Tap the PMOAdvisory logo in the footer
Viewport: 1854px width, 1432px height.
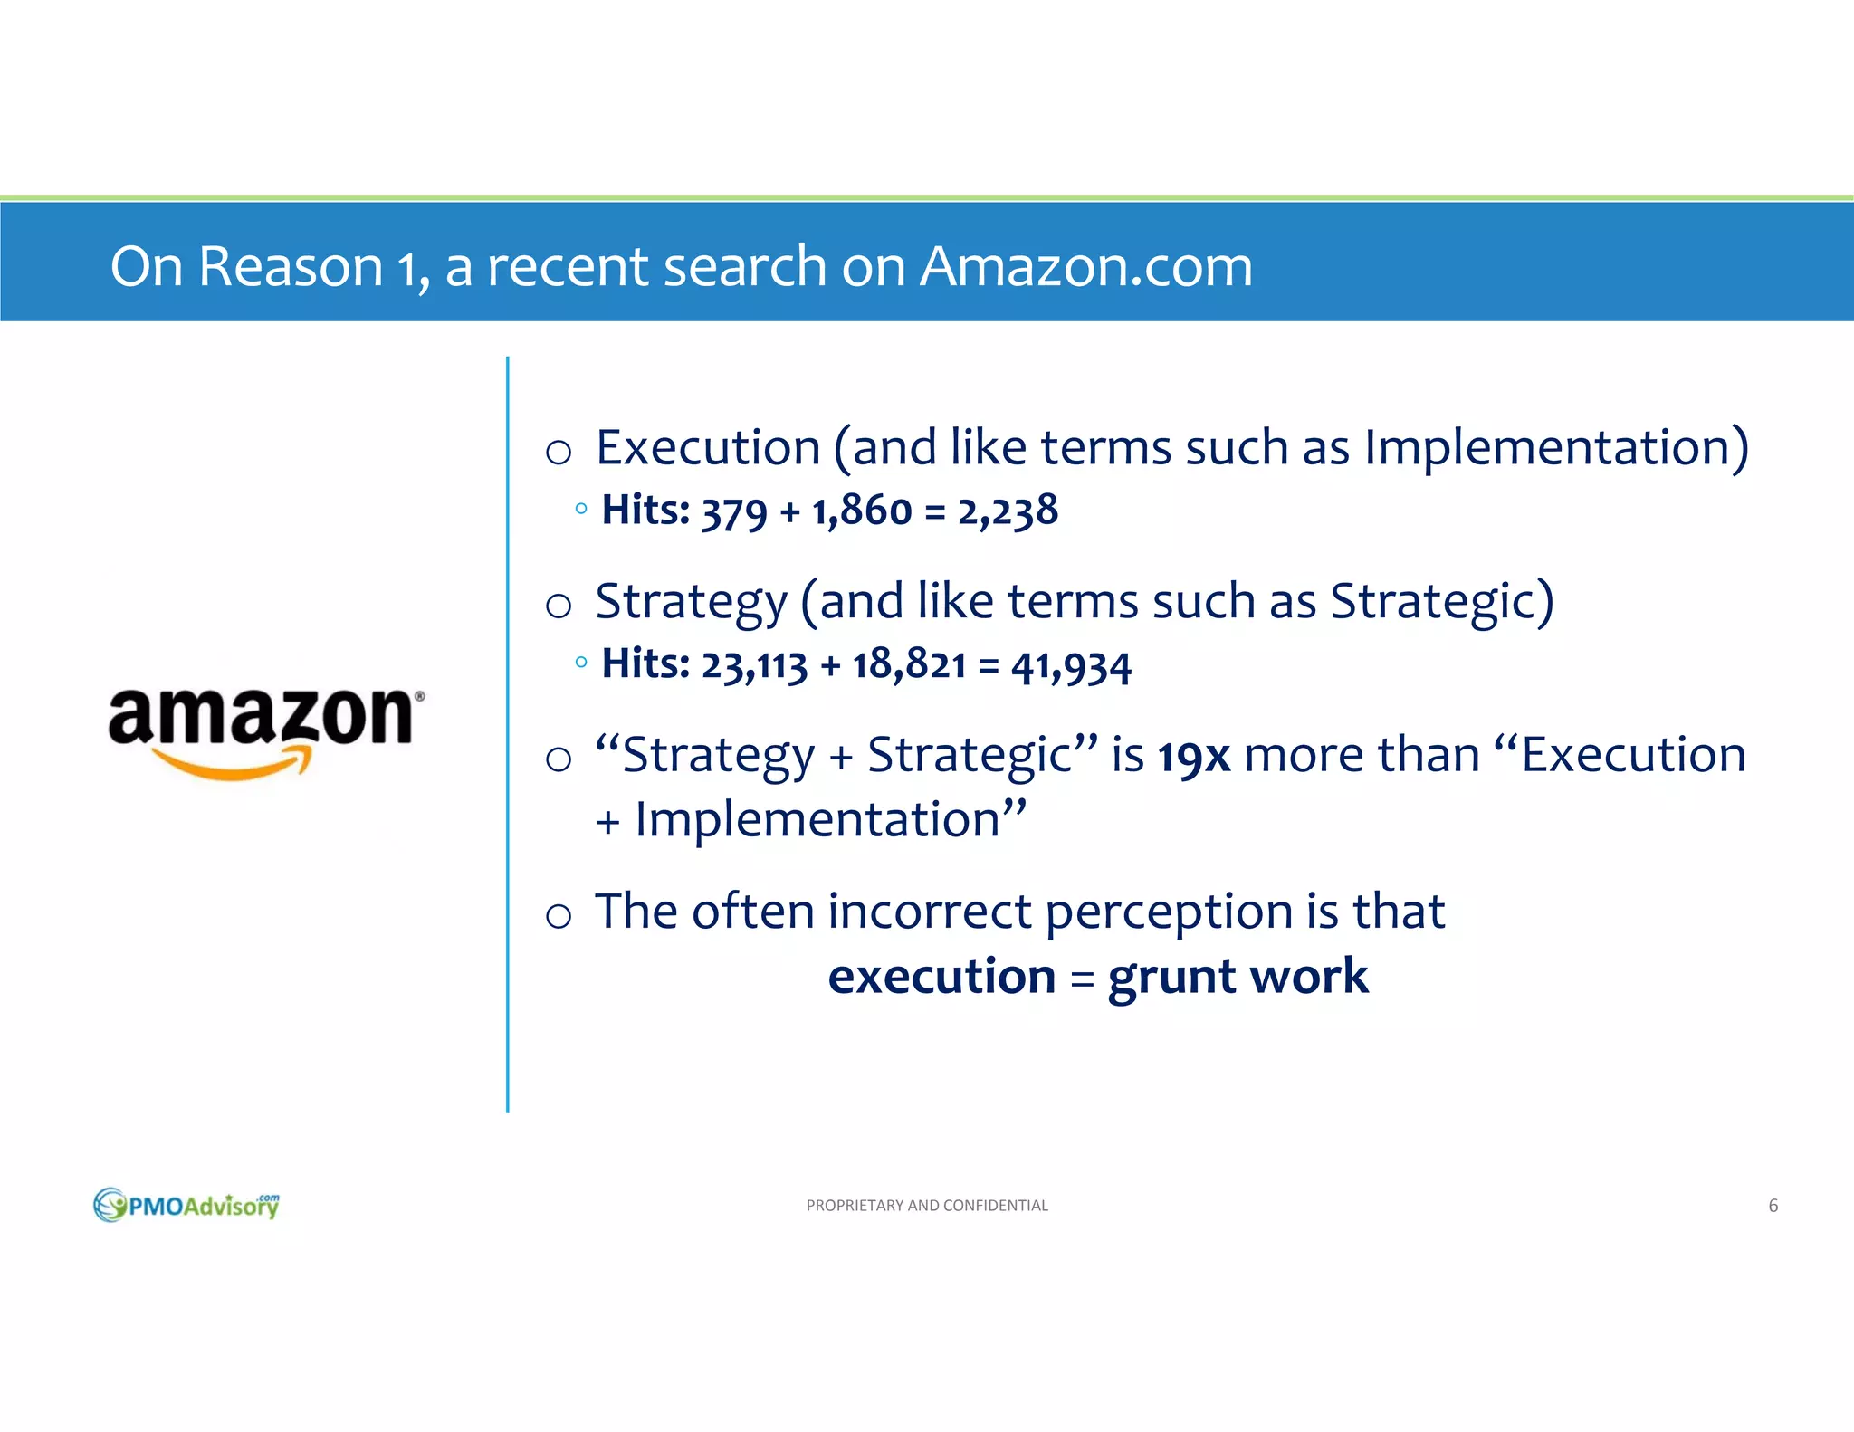click(x=186, y=1205)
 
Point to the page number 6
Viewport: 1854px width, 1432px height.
click(x=1773, y=1206)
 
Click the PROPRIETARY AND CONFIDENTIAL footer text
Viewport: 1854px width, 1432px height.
click(x=927, y=1206)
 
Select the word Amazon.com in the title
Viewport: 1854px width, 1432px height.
click(x=1085, y=266)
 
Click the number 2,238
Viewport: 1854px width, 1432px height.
click(x=1008, y=511)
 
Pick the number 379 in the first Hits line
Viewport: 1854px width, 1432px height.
click(x=734, y=512)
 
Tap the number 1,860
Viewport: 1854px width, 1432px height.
click(x=862, y=511)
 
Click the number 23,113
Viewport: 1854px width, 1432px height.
click(x=754, y=665)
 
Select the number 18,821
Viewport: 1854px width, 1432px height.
click(x=909, y=664)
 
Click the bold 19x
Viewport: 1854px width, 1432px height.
click(x=1194, y=756)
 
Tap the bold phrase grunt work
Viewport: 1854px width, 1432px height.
click(x=1238, y=978)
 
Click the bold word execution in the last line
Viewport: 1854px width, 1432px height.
click(x=941, y=977)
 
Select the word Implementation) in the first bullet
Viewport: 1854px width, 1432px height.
click(x=1556, y=448)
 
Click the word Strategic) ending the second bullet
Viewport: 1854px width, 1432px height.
click(x=1442, y=602)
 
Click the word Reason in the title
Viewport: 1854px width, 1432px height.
click(x=291, y=266)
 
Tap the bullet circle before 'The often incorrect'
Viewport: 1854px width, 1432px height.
click(x=559, y=916)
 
